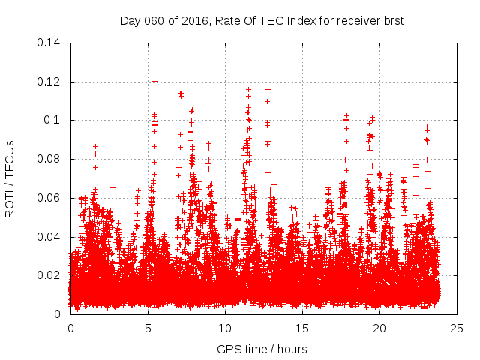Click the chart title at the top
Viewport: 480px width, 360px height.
262,20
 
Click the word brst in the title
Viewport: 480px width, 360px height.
392,20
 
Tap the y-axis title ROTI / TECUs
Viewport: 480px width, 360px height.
10,178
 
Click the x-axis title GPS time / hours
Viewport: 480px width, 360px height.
262,349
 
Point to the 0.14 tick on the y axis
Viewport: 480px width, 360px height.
52,42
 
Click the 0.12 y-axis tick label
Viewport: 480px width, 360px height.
52,81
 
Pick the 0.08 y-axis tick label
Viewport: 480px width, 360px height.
52,159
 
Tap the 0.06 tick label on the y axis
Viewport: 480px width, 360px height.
52,198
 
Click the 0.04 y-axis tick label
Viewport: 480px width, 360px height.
52,237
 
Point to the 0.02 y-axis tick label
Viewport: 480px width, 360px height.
52,275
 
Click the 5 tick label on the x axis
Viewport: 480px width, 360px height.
148,328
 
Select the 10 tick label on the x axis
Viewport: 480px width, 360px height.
225,328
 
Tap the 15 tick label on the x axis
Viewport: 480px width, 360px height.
302,328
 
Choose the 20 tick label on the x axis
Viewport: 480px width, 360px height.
379,328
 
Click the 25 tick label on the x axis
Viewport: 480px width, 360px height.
457,328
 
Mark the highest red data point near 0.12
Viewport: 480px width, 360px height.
154,81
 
